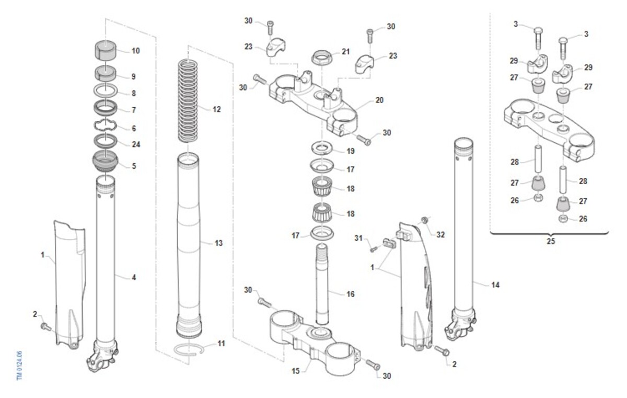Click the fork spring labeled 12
(x=188, y=101)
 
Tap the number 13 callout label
(x=218, y=243)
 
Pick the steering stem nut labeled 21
(x=322, y=57)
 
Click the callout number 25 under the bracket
(x=551, y=241)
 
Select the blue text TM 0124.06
(x=19, y=366)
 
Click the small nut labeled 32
(x=425, y=220)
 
